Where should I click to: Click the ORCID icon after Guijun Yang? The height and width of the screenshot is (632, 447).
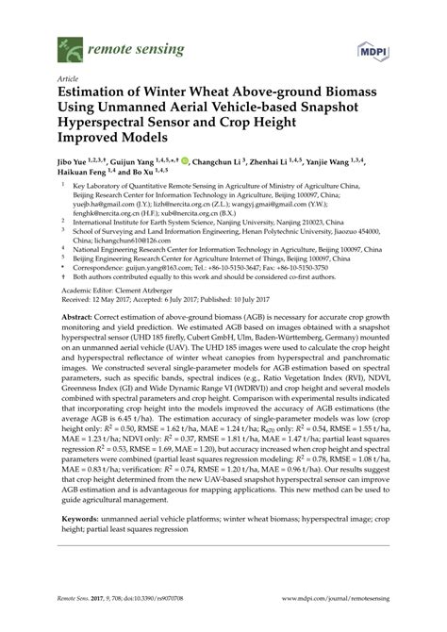pyautogui.click(x=185, y=161)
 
